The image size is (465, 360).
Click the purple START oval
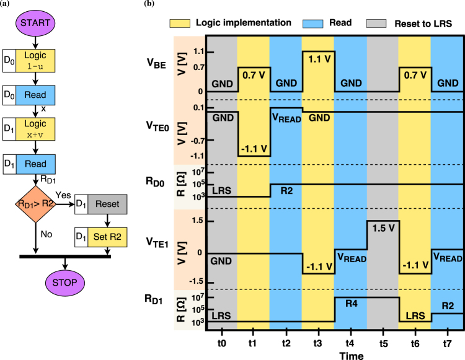click(x=37, y=24)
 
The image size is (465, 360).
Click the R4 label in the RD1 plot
click(x=351, y=304)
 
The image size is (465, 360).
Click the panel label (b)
click(x=149, y=4)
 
